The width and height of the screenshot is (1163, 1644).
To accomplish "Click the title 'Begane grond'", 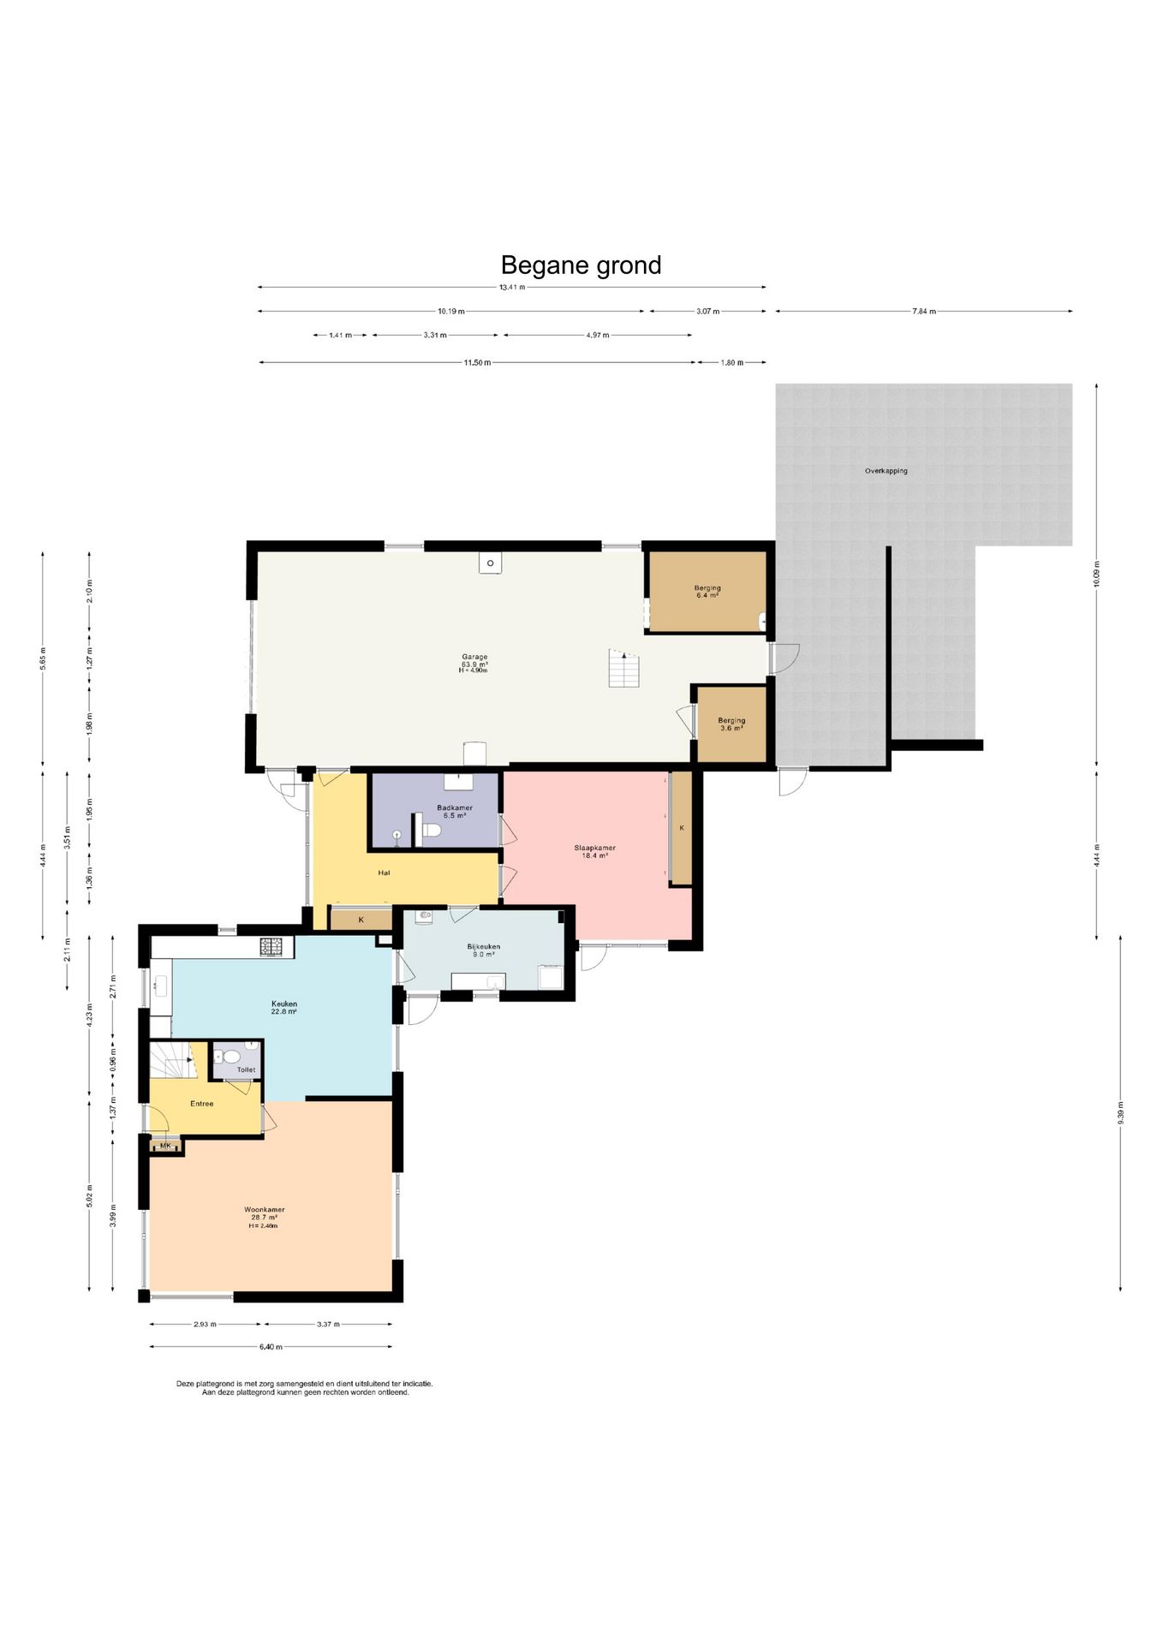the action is pyautogui.click(x=581, y=265).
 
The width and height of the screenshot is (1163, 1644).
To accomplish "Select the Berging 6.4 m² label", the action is pyautogui.click(x=707, y=592).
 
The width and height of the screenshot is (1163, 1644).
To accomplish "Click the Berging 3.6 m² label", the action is pyautogui.click(x=731, y=724).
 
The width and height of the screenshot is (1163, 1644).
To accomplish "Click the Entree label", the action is pyautogui.click(x=202, y=1104).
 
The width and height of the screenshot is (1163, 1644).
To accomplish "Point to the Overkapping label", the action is pyautogui.click(x=886, y=471).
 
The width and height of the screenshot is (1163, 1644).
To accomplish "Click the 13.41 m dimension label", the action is pyautogui.click(x=512, y=288).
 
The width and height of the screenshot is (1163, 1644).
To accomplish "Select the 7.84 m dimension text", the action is pyautogui.click(x=924, y=312).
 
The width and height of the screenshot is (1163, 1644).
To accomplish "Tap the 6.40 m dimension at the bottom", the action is pyautogui.click(x=271, y=1347).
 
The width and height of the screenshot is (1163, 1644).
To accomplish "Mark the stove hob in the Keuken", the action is pyautogui.click(x=271, y=947).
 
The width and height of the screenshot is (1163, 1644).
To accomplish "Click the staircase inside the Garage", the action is pyautogui.click(x=624, y=668).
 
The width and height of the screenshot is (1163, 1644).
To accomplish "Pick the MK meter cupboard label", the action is pyautogui.click(x=165, y=1146).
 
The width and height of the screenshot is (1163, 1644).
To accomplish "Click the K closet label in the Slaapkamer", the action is pyautogui.click(x=682, y=828).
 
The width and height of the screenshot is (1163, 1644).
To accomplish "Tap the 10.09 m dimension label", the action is pyautogui.click(x=1096, y=574).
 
